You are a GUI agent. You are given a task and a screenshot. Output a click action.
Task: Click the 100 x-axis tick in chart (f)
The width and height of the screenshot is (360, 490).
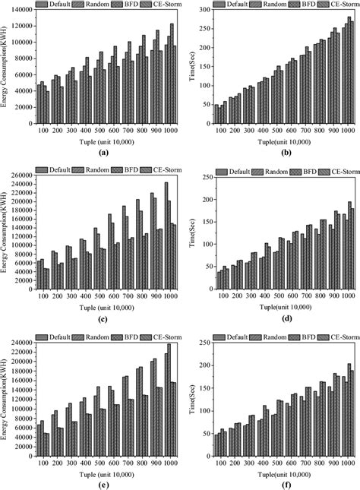point(220,460)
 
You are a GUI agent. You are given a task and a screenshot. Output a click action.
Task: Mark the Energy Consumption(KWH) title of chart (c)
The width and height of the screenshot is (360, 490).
point(6,228)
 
